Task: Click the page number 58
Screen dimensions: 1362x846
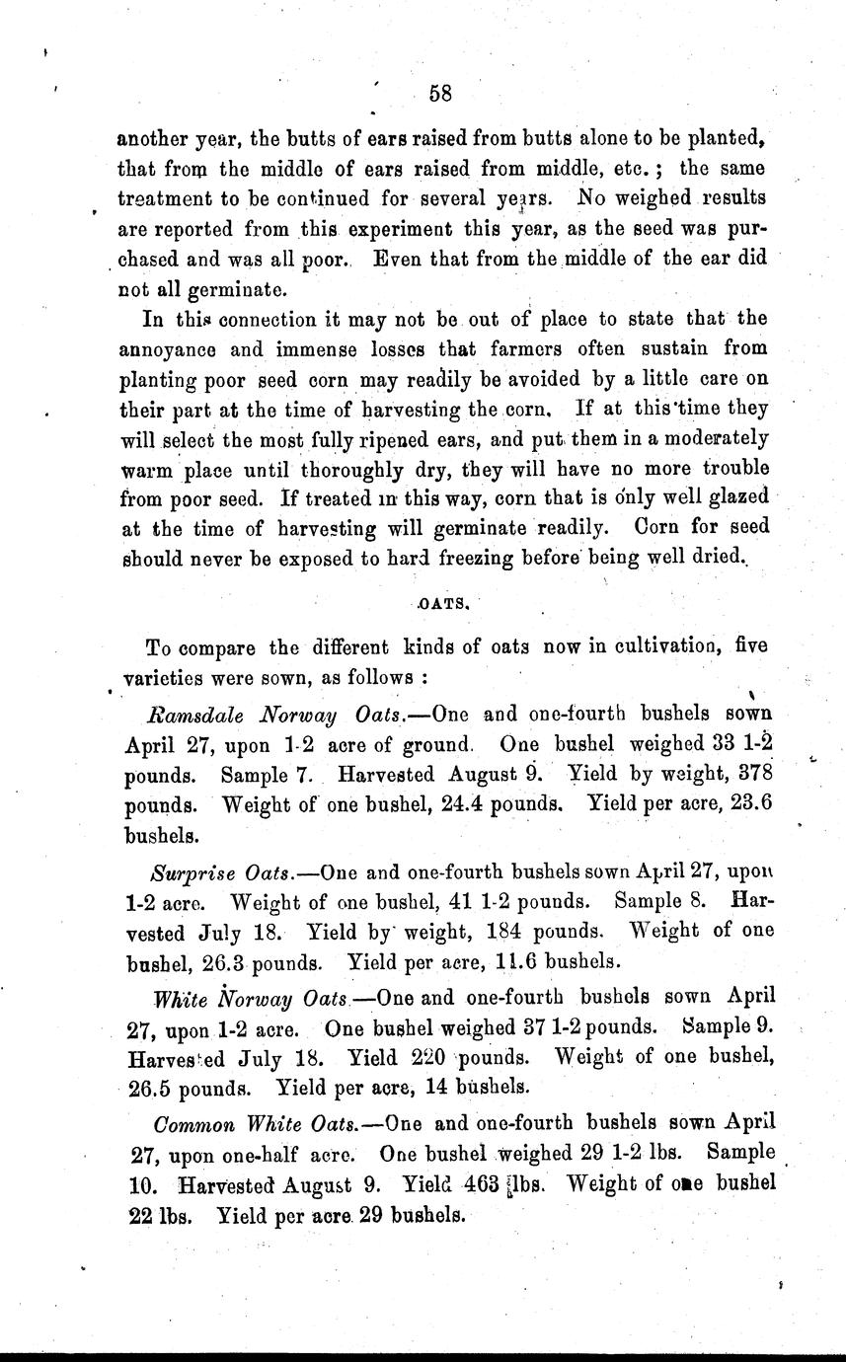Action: click(440, 95)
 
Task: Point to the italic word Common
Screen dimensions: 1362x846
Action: click(192, 1124)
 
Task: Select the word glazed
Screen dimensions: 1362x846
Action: click(732, 496)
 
